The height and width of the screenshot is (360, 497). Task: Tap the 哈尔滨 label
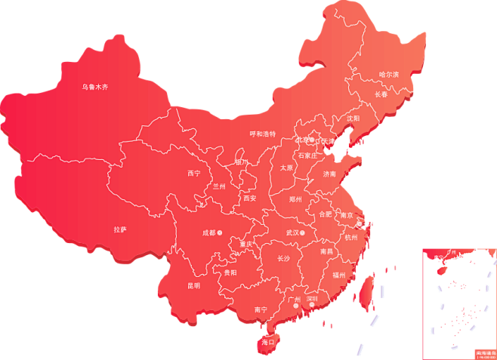388,74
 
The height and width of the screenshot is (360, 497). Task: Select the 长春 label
381,94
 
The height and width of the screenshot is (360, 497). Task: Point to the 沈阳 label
353,118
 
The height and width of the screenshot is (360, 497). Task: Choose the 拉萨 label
120,229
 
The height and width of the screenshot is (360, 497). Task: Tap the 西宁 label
194,173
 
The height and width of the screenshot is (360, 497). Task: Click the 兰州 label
219,186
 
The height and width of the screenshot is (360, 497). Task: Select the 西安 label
250,198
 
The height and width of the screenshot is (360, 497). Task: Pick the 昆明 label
194,285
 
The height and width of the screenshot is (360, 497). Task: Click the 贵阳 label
230,272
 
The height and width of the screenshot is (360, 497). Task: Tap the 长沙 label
283,259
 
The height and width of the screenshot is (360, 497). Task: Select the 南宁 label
261,309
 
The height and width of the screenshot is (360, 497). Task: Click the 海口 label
266,342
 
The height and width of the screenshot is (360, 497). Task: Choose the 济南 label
329,174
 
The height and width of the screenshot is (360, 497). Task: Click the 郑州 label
295,199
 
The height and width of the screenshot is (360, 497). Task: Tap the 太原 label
286,168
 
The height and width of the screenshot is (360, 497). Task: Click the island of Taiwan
364,291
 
